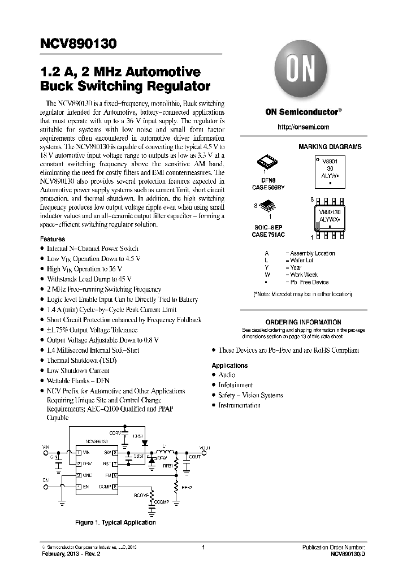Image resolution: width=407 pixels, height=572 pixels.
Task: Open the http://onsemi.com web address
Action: [304, 127]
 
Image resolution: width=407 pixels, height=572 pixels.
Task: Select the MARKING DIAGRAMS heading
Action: [330, 147]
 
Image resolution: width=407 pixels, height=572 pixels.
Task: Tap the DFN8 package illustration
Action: [267, 162]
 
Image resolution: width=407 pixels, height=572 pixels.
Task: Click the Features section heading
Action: [53, 239]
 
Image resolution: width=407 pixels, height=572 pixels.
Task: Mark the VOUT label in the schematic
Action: [205, 448]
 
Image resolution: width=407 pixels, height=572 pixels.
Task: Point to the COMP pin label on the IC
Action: [105, 486]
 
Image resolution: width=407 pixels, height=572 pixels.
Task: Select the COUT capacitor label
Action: [194, 457]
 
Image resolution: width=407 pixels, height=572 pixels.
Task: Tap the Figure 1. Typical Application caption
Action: [115, 522]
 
